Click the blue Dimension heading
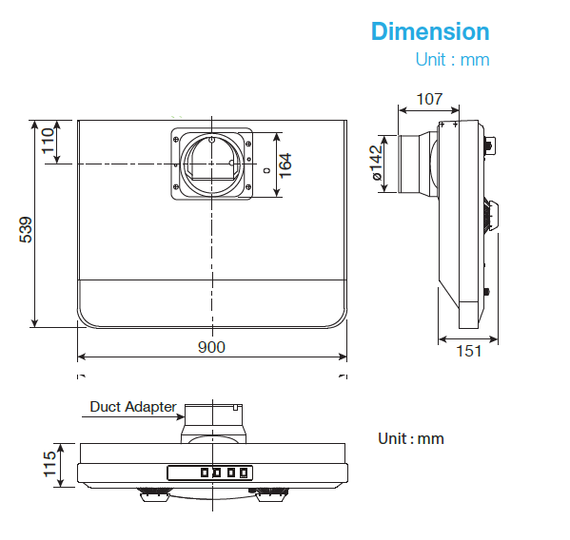[x=430, y=31]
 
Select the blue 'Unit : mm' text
[x=452, y=60]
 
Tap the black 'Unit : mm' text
[x=411, y=438]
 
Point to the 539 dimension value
[x=27, y=229]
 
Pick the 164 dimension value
[x=285, y=164]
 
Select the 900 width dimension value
[x=211, y=347]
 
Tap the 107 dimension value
[x=429, y=98]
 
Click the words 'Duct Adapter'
[x=132, y=407]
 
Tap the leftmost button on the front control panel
[x=203, y=472]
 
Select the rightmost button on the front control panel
[x=245, y=472]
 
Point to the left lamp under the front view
[x=155, y=494]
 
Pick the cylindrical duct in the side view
[x=416, y=163]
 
